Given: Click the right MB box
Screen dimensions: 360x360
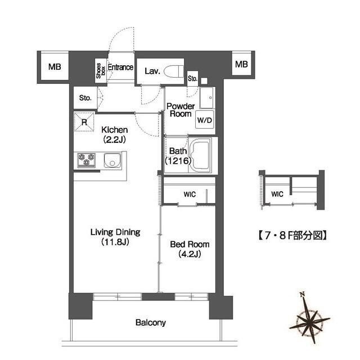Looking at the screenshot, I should coord(241,65).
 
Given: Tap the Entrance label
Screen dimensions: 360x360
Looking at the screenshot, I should coord(120,67).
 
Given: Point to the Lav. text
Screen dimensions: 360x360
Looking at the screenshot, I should coord(152,71).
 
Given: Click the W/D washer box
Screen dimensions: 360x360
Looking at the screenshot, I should coord(202,120).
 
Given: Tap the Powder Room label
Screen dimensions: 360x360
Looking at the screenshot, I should coord(181,110).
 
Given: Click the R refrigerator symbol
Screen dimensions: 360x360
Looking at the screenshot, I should coord(84,121).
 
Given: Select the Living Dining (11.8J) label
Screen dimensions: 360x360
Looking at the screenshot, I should coord(116,237).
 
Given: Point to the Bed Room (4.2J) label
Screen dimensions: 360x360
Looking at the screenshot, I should coord(190,249).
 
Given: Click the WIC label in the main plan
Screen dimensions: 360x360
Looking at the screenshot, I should coord(190,195).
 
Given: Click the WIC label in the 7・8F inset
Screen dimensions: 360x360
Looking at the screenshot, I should coord(277,194).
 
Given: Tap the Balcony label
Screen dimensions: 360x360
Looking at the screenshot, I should coord(150,323).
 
